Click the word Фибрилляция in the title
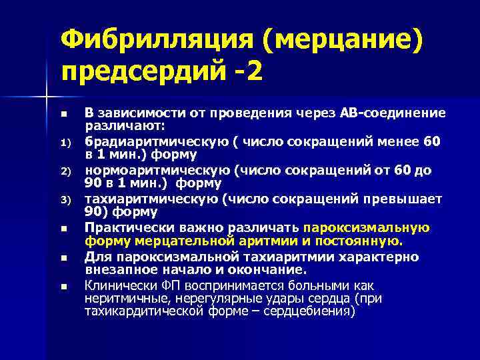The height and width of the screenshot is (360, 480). click(x=154, y=40)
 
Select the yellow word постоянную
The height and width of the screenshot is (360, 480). click(x=363, y=241)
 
